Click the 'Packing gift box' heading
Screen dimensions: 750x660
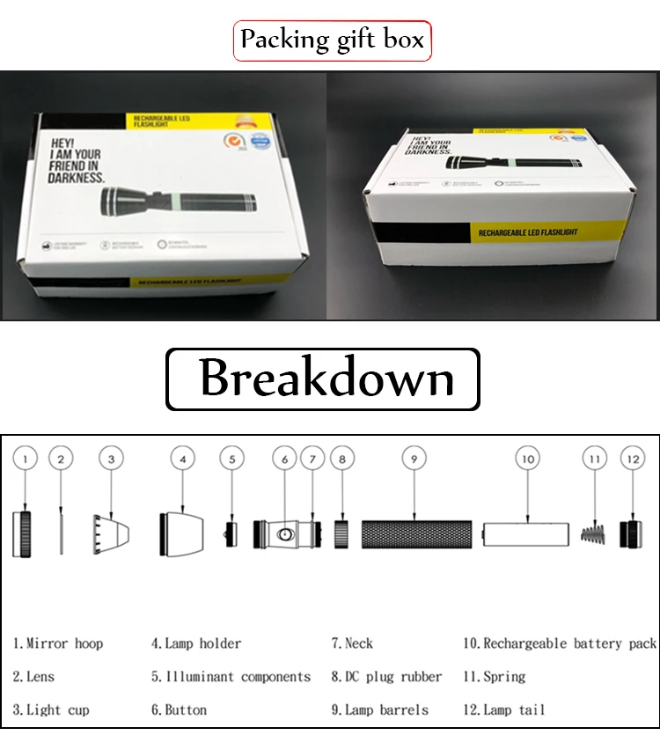pos(332,40)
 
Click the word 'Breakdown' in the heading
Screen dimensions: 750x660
pos(326,379)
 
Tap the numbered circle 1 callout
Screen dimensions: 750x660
pos(26,458)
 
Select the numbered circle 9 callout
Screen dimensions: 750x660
pos(413,458)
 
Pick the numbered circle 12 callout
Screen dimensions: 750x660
pos(633,458)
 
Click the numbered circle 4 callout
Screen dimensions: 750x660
pos(182,458)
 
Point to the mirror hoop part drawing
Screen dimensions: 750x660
pos(24,533)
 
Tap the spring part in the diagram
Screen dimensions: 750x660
pos(594,533)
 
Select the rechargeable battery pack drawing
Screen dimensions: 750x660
pos(526,533)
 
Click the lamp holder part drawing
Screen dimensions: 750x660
pos(181,533)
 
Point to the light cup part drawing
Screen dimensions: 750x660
pos(112,533)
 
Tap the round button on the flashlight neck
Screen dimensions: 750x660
pos(286,534)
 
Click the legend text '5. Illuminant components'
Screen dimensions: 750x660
pos(231,677)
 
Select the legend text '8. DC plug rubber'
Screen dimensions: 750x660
pos(386,677)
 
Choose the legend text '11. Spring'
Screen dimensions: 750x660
pos(494,677)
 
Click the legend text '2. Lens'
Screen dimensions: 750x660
pos(33,677)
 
